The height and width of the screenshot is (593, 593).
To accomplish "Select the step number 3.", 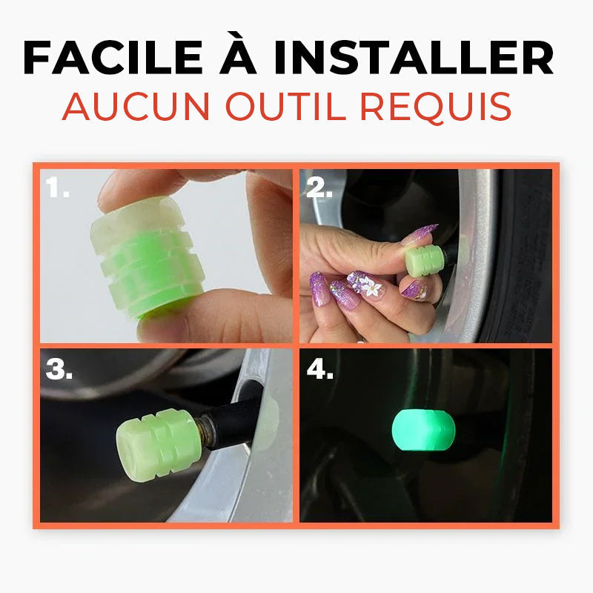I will [58, 368].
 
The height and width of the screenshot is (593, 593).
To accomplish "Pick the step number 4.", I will [319, 368].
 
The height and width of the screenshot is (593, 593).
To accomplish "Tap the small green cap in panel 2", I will [424, 260].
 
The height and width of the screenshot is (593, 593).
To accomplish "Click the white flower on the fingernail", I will [371, 286].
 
